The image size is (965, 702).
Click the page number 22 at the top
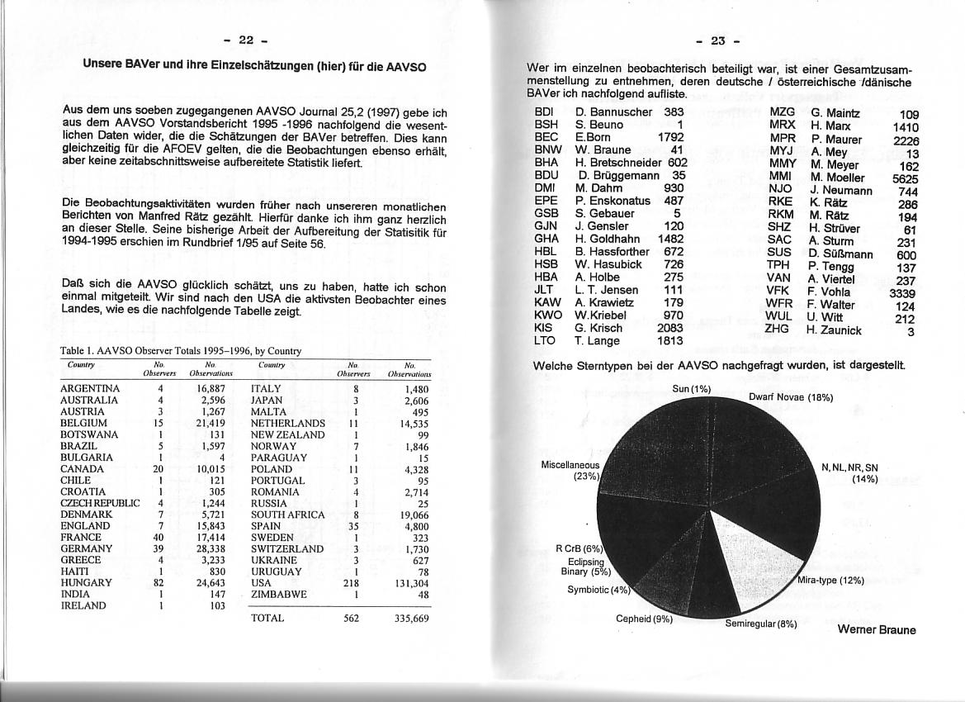246,40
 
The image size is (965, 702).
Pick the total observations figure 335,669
411,618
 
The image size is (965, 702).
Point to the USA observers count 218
355,582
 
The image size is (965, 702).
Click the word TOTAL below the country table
267,618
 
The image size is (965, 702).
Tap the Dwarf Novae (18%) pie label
791,397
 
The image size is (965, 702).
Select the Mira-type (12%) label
830,581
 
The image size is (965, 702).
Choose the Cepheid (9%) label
644,619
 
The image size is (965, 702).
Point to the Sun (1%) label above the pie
691,389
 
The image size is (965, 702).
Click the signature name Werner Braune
876,630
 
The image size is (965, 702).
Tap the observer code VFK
778,292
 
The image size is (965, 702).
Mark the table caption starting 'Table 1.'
181,351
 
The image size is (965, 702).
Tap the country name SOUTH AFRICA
287,515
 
